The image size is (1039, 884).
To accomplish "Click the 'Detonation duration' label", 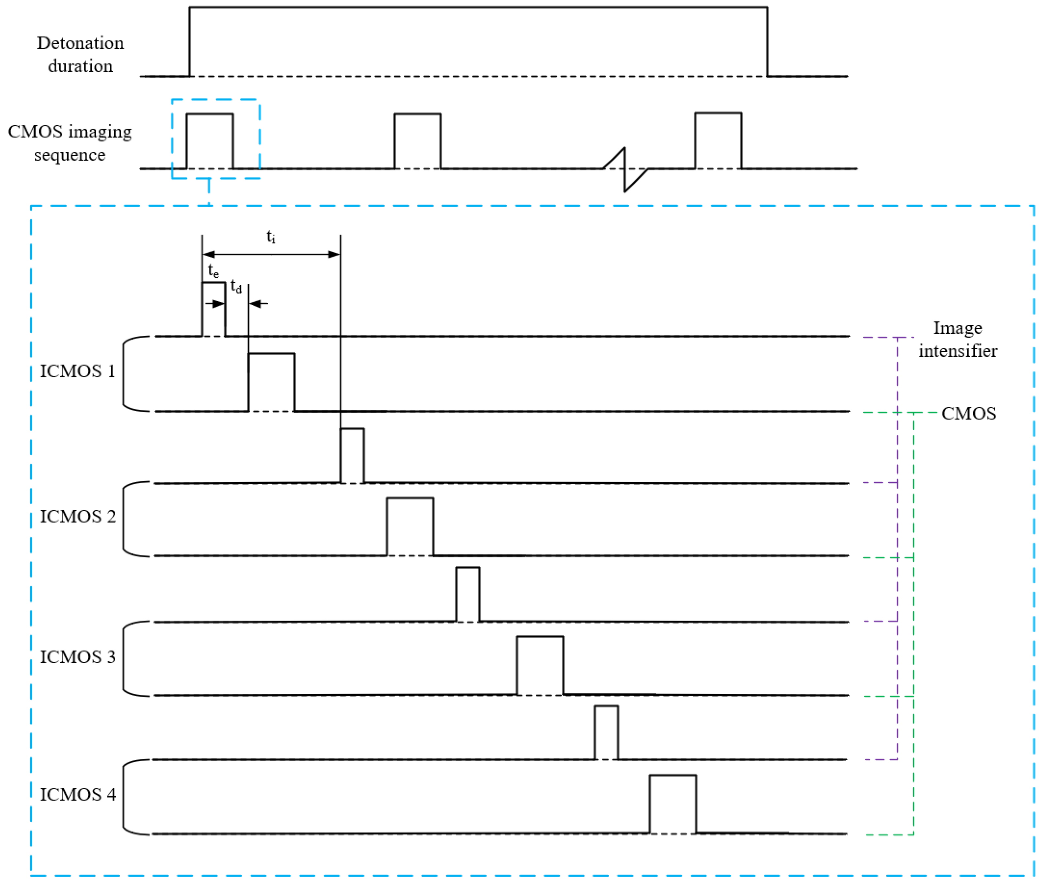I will point(80,54).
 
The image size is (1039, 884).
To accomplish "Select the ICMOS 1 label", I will point(78,371).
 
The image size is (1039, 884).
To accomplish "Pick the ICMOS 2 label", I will point(78,517).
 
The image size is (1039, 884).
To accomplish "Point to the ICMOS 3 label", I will point(78,657).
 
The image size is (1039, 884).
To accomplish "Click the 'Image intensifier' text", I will point(957,339).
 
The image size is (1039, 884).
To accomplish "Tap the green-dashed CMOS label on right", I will point(968,413).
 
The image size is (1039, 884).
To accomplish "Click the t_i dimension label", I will point(271,236).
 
